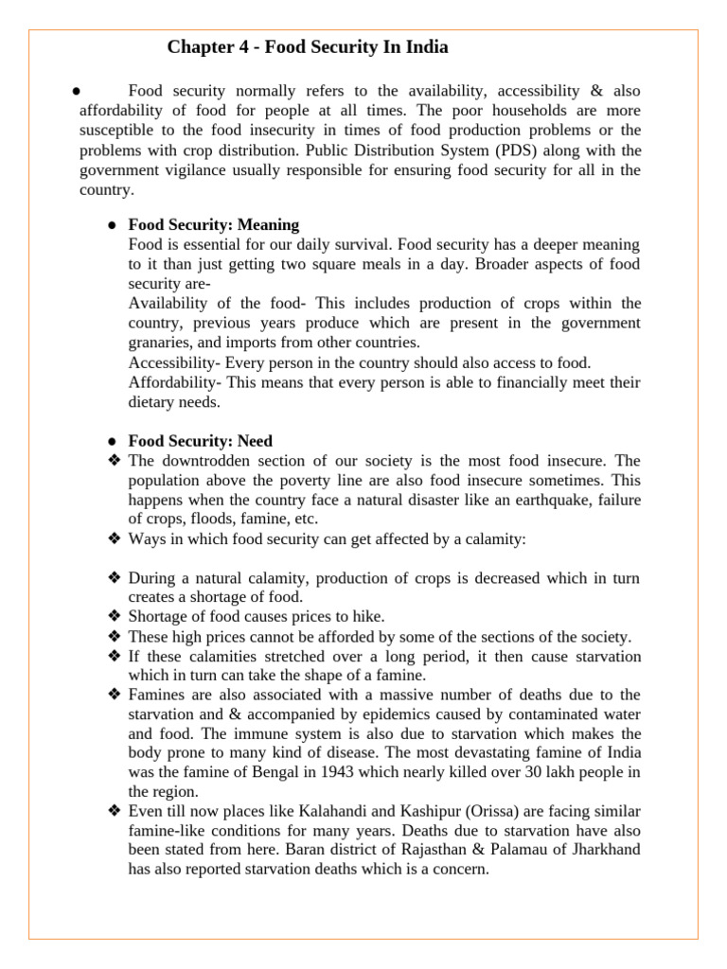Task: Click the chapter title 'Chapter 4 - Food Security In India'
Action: (x=308, y=47)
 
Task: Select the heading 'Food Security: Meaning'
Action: (x=214, y=225)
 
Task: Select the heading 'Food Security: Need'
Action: (x=201, y=441)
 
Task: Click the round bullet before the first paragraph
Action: (x=73, y=92)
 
